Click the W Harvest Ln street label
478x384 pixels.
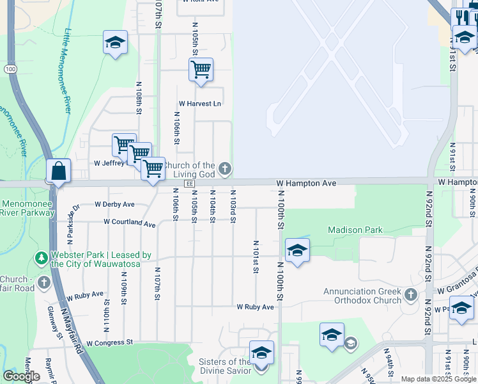(199, 104)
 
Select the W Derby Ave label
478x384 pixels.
(114, 205)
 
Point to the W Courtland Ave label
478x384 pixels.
(130, 224)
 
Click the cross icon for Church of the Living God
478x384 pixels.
(224, 169)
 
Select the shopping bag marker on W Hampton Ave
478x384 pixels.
(58, 172)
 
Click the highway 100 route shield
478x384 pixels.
(10, 68)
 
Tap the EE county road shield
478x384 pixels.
(189, 184)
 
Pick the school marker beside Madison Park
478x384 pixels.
(297, 250)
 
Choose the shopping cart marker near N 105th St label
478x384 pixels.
(201, 69)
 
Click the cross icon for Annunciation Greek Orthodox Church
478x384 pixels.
(410, 294)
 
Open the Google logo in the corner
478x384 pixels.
(21, 376)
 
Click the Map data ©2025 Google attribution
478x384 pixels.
(438, 379)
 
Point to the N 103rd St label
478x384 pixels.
(233, 206)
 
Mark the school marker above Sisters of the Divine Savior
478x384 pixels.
(261, 353)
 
